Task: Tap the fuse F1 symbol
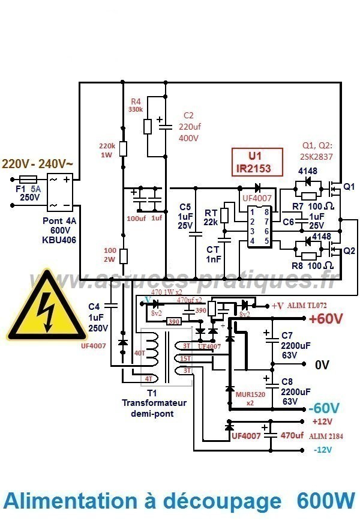(x=29, y=179)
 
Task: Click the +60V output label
(x=326, y=319)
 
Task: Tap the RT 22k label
(x=211, y=217)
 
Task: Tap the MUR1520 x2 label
(x=247, y=398)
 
